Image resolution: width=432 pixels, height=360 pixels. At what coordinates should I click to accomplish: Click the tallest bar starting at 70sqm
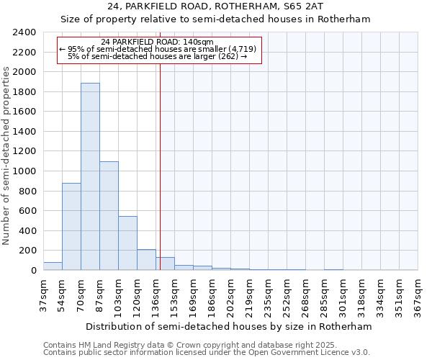click(90, 176)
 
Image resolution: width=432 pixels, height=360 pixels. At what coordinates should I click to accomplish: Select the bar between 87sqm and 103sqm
click(109, 216)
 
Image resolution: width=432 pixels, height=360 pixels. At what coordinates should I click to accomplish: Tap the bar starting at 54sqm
click(71, 227)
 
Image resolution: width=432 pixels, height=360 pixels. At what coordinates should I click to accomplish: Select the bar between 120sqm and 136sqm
click(146, 260)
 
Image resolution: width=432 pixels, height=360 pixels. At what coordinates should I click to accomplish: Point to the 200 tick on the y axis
click(27, 251)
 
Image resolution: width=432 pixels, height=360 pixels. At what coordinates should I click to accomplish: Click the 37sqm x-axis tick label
click(44, 295)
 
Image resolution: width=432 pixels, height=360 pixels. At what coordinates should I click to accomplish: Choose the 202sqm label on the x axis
click(231, 295)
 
